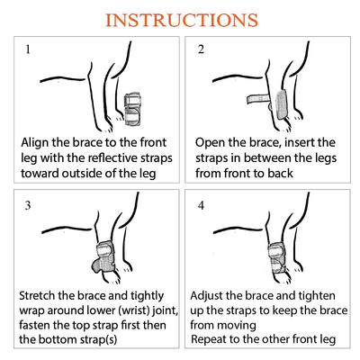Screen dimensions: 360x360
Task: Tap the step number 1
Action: pyautogui.click(x=28, y=50)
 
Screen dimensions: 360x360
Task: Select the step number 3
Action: pyautogui.click(x=28, y=206)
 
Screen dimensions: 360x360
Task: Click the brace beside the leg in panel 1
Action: pyautogui.click(x=136, y=100)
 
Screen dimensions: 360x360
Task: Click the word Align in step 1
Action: pyautogui.click(x=36, y=143)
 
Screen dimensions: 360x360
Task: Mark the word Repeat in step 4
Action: pyautogui.click(x=214, y=340)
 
